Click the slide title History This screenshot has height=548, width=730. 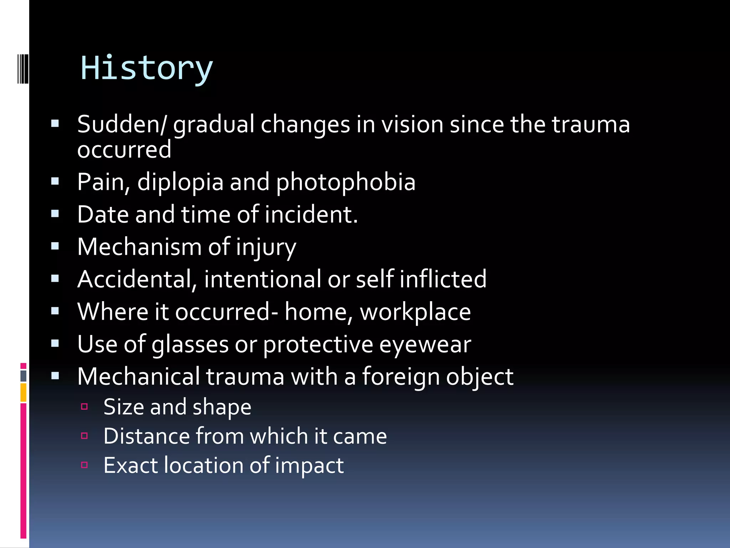(x=146, y=68)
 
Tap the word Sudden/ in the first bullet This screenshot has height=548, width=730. (x=122, y=125)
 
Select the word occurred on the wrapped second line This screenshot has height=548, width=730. (x=124, y=149)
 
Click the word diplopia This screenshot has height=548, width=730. (x=180, y=182)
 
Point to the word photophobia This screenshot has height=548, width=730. (x=345, y=182)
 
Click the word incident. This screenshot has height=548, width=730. (x=311, y=214)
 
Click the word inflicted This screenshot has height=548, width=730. (x=443, y=279)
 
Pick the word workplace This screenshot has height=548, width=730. (x=415, y=312)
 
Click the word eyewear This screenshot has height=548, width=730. (x=425, y=344)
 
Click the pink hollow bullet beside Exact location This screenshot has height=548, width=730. (x=84, y=465)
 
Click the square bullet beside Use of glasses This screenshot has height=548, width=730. (x=55, y=344)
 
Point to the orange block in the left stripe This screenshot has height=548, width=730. (x=23, y=392)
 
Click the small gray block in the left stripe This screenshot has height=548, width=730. (x=23, y=376)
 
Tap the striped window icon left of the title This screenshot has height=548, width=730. (x=23, y=68)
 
